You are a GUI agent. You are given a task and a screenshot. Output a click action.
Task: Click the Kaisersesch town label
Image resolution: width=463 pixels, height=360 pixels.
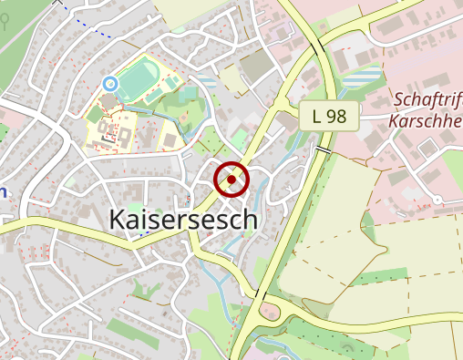183,220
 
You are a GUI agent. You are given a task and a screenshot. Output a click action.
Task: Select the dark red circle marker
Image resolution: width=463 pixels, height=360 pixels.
231,180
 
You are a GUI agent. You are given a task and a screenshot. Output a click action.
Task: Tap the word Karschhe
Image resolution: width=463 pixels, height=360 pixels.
425,120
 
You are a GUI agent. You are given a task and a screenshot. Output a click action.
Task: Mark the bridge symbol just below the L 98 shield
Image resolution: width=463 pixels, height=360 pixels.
324,149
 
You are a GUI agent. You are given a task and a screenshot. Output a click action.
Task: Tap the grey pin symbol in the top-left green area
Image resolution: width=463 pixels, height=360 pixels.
7,23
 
